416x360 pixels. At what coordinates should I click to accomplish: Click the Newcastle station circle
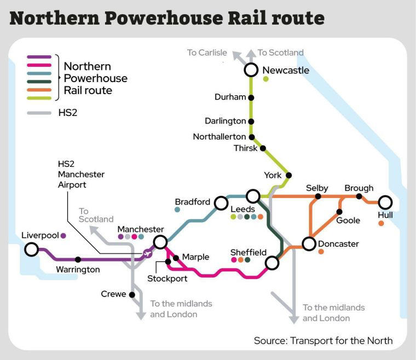251,70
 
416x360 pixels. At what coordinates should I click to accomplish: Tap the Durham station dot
251,97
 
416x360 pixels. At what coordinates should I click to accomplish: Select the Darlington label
226,121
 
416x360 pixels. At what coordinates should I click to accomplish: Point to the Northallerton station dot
252,137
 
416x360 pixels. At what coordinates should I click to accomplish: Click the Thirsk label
245,148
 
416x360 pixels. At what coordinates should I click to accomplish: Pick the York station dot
288,176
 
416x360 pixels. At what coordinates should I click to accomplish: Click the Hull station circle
385,202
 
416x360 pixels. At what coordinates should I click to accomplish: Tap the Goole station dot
340,211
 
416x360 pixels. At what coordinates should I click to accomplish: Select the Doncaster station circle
309,244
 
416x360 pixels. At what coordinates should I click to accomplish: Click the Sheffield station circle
272,263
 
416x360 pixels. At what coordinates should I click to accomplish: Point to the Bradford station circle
221,203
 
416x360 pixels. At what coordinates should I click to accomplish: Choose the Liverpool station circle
31,250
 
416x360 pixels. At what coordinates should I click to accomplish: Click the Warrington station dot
78,259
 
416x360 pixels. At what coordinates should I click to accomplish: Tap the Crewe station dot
132,294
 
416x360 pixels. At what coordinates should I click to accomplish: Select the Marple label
195,257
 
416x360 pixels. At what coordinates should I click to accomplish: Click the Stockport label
167,278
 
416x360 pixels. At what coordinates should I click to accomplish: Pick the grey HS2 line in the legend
39,113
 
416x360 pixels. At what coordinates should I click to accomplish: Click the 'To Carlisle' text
207,53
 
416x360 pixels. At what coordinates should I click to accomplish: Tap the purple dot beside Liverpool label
63,236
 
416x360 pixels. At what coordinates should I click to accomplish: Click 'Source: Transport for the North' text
323,340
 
